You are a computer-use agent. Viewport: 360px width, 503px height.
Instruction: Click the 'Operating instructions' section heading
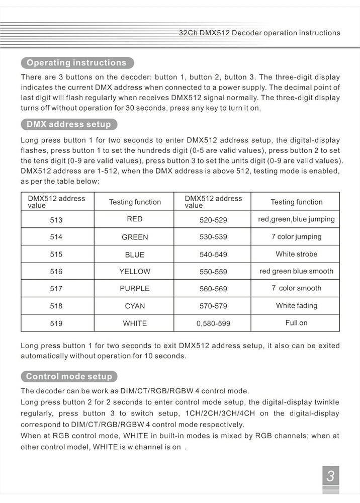pos(77,63)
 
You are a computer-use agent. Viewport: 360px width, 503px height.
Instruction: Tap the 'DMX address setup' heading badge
pos(68,124)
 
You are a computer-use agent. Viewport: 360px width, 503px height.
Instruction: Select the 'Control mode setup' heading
pos(69,376)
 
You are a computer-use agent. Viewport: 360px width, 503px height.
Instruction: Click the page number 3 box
pos(330,476)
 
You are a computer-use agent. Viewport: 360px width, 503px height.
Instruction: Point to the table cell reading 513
pos(56,220)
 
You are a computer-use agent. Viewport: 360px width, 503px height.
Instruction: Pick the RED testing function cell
pos(135,219)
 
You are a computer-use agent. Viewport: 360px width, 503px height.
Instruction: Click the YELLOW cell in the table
pos(135,271)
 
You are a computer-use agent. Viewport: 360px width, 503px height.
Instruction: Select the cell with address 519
pos(56,323)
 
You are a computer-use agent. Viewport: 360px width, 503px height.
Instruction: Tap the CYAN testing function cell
pos(135,306)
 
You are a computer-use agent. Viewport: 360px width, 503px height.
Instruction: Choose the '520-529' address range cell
pos(213,220)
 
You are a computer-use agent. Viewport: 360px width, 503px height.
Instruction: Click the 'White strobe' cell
pos(296,254)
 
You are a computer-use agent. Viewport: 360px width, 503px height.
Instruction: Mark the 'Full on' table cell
pos(296,323)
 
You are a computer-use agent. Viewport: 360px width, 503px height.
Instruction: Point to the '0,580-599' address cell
pos(213,323)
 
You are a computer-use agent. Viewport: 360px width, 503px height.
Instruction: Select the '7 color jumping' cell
pos(296,236)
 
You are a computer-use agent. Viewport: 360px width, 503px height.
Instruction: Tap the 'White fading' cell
pos(296,305)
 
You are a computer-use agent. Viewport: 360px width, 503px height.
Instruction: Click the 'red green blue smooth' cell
pos(296,271)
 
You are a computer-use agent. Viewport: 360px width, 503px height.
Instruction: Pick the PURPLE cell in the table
pos(135,288)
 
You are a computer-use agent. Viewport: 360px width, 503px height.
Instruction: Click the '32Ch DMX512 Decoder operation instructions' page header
pos(259,33)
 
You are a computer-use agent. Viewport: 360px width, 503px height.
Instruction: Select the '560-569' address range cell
pos(213,289)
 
